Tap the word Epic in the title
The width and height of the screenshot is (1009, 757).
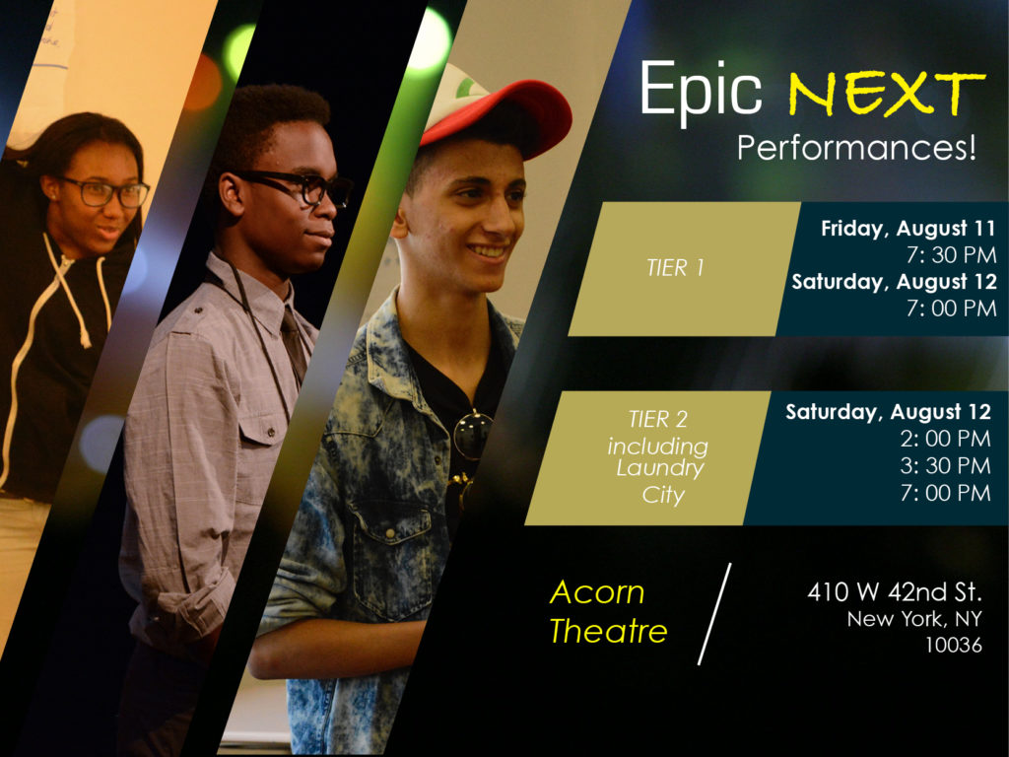pos(701,90)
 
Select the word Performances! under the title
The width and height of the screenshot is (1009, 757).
pos(856,148)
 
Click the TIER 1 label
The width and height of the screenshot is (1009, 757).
pos(675,268)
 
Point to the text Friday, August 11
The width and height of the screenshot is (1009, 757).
pos(908,229)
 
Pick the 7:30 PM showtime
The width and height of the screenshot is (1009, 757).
pos(951,255)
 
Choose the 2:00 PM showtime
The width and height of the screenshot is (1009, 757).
pos(945,439)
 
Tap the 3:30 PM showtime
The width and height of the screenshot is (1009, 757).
pos(945,465)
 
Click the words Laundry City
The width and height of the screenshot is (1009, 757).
pos(661,481)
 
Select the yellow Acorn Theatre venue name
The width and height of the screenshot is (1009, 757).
pos(608,611)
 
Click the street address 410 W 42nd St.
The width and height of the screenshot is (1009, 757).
pos(895,591)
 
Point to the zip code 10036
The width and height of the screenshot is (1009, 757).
pos(954,645)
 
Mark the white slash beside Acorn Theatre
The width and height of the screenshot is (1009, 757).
pos(715,613)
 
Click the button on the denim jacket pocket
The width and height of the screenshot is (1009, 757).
pos(390,533)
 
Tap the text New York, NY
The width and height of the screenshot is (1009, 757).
pos(914,619)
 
